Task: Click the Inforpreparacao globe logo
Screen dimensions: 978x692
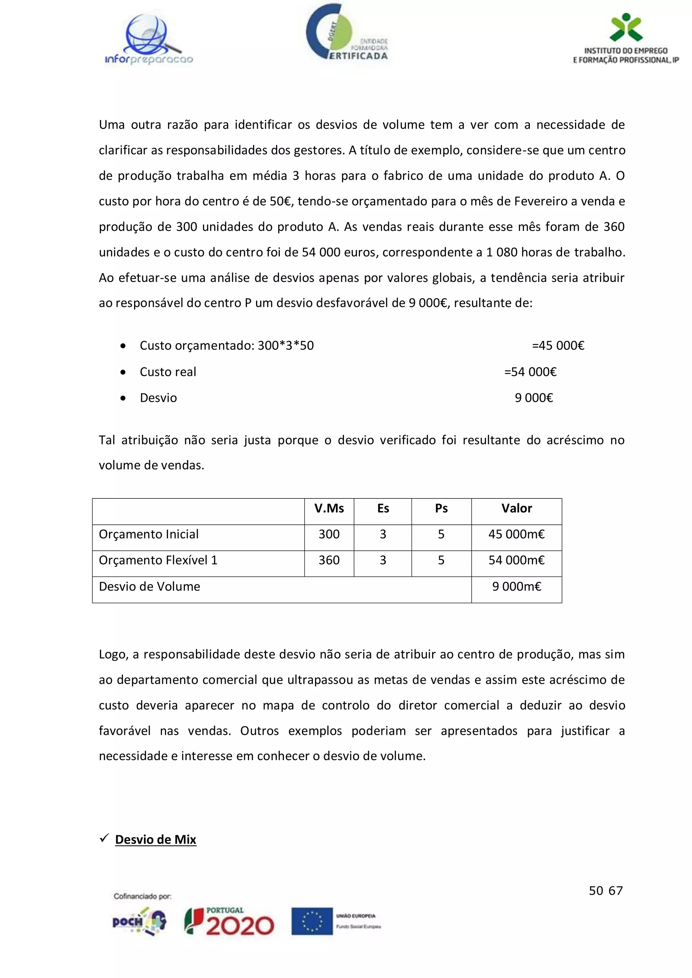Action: click(149, 39)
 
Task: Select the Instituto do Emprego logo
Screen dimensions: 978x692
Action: click(625, 39)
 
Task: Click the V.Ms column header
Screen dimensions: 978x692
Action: click(329, 508)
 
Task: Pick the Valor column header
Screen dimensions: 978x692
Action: click(516, 508)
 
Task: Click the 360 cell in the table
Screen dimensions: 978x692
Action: click(329, 560)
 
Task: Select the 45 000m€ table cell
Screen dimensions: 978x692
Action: click(516, 534)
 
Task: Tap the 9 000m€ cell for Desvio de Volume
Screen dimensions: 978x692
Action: click(516, 587)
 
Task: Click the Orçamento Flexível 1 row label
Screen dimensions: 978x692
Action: click(158, 560)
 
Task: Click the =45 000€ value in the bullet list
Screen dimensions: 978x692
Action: click(558, 345)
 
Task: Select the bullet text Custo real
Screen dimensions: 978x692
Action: click(168, 372)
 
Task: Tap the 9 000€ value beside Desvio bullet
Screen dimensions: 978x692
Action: click(534, 398)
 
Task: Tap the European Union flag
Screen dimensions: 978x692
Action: click(312, 922)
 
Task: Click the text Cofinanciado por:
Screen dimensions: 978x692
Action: click(142, 896)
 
